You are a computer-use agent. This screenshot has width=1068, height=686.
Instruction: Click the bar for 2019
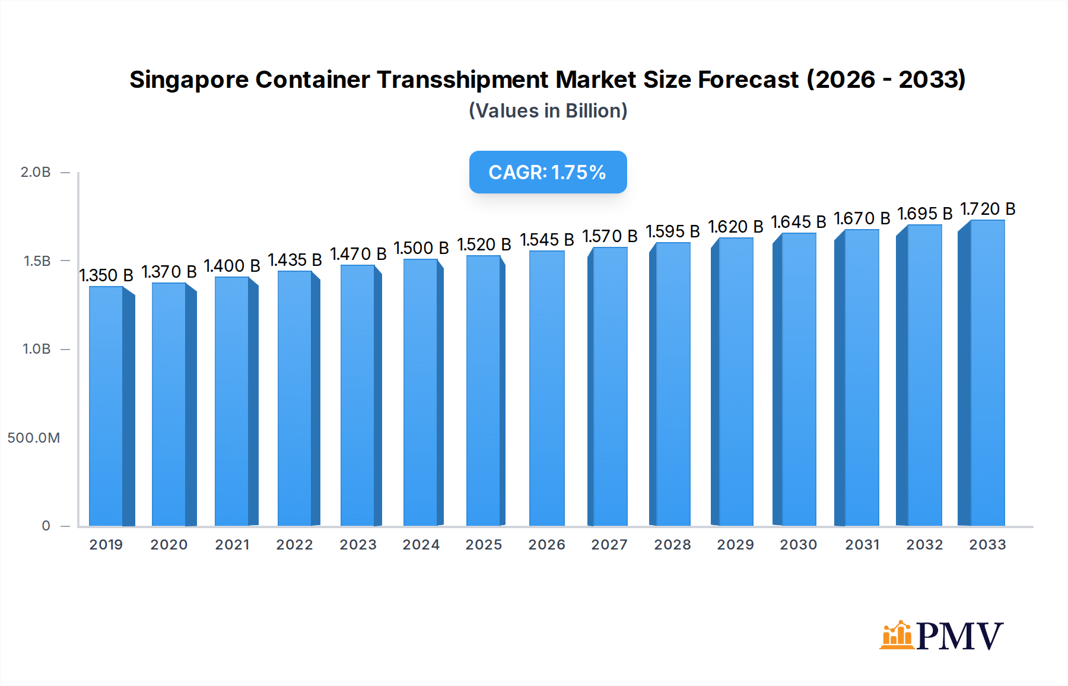(x=107, y=406)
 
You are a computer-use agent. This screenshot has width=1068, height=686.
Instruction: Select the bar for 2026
(x=546, y=388)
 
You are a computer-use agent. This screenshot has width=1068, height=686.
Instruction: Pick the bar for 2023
(x=358, y=395)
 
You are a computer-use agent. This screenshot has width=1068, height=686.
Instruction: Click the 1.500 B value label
(x=421, y=248)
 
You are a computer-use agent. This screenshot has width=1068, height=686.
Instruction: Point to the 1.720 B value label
(x=988, y=209)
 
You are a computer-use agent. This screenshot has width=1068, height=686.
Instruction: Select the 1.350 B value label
(x=106, y=275)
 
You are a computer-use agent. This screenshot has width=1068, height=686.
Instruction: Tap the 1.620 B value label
(x=736, y=227)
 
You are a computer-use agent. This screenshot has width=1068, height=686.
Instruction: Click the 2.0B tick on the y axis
(x=36, y=172)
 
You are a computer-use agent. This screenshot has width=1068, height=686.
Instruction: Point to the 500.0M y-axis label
(x=34, y=438)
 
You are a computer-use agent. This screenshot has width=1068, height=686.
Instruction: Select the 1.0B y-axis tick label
(x=37, y=349)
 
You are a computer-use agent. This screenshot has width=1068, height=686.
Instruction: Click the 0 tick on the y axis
(x=46, y=526)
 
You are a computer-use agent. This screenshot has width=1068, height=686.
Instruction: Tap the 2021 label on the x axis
(x=232, y=545)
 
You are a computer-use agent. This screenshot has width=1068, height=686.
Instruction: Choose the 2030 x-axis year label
(x=798, y=545)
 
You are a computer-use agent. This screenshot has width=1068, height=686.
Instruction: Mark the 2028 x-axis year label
(x=672, y=545)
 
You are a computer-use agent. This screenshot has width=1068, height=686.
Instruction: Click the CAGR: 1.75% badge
(x=548, y=172)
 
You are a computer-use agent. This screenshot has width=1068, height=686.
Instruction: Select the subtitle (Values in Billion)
(x=548, y=111)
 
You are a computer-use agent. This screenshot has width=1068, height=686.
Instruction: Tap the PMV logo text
(x=959, y=636)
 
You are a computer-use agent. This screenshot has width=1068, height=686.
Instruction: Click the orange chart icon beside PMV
(x=896, y=636)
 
